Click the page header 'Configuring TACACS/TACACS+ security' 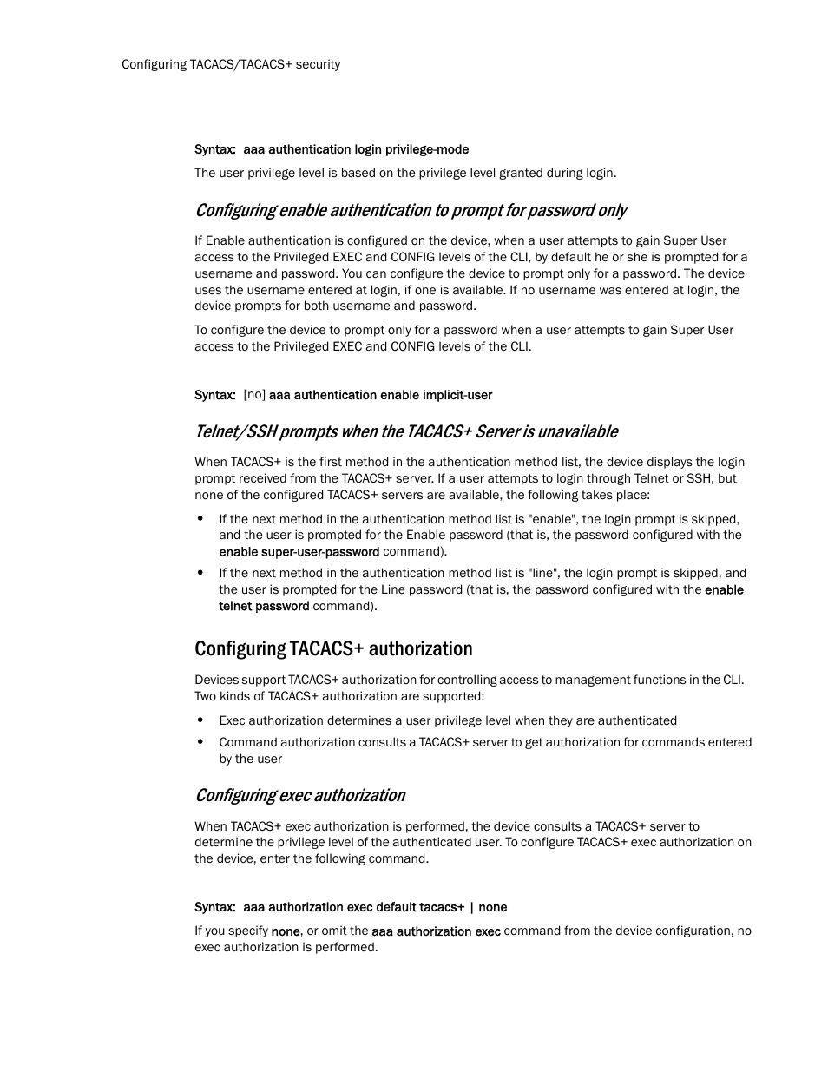point(231,64)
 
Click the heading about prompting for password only point(411,210)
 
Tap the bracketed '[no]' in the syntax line point(254,395)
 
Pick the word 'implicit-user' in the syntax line point(457,395)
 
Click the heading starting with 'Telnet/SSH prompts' point(406,431)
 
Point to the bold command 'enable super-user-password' point(299,552)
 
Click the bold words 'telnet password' point(264,606)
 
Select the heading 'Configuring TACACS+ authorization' point(333,649)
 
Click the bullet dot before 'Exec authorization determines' point(200,720)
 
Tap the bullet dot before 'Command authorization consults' point(200,741)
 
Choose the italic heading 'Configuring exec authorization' point(299,795)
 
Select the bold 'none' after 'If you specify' point(286,931)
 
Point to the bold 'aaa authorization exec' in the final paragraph point(436,931)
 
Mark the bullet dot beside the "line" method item point(200,572)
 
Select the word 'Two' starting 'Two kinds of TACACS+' point(205,696)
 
